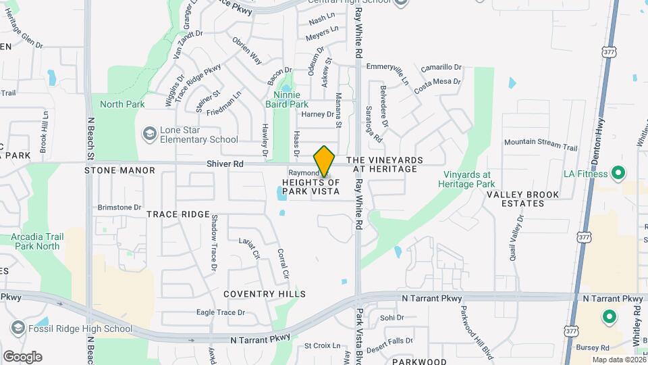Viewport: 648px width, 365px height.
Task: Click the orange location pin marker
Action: pyautogui.click(x=324, y=162)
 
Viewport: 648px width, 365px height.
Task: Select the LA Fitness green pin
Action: pyautogui.click(x=617, y=174)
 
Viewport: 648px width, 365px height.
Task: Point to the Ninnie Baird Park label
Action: pyautogui.click(x=291, y=99)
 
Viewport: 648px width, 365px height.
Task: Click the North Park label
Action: pyautogui.click(x=122, y=104)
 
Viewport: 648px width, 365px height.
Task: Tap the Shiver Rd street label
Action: pyautogui.click(x=225, y=164)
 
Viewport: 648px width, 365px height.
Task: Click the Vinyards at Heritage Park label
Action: pyautogui.click(x=473, y=178)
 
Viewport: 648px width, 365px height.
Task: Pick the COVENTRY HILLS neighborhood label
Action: pyautogui.click(x=265, y=294)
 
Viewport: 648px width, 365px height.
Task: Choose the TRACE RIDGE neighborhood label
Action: pyautogui.click(x=178, y=214)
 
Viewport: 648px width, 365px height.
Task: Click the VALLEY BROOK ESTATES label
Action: pyautogui.click(x=523, y=199)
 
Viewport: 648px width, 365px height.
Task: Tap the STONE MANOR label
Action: pyautogui.click(x=111, y=171)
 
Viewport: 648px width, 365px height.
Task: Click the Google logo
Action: pyautogui.click(x=22, y=356)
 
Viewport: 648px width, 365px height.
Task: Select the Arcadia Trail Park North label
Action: pyautogui.click(x=35, y=241)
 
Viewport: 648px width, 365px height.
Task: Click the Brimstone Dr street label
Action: pyautogui.click(x=119, y=208)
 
